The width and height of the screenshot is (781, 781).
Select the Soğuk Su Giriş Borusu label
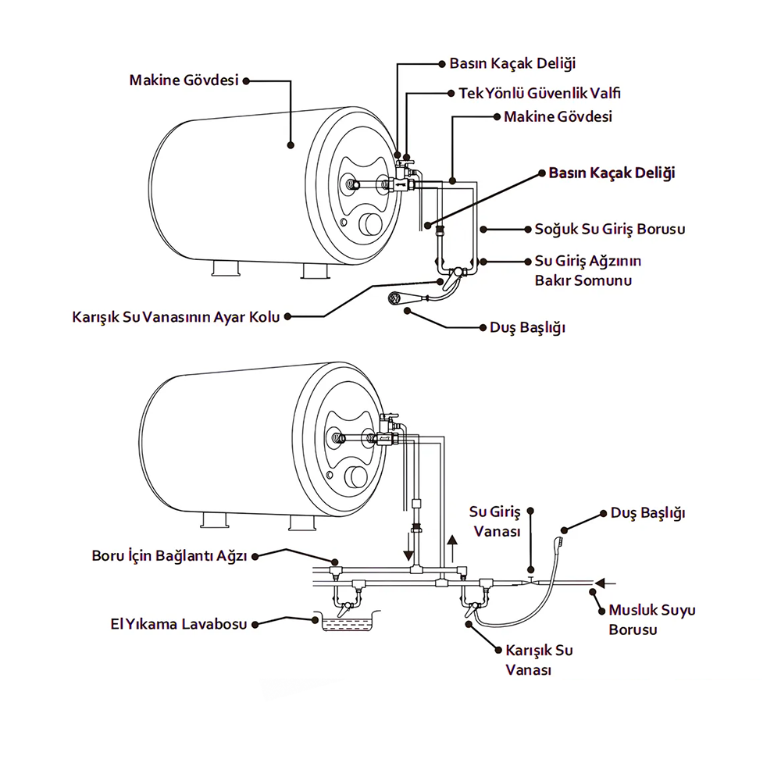coord(609,230)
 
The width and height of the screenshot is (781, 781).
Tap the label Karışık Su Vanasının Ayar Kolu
coord(175,317)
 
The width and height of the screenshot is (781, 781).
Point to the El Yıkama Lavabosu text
coord(179,624)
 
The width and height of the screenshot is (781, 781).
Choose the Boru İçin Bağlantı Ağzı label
coord(169,556)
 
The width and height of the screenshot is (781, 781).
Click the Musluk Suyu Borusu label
coord(651,619)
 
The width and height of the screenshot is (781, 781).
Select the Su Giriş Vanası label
coord(494,521)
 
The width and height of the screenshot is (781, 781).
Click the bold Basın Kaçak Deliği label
coord(612,173)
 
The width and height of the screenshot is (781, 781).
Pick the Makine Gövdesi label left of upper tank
coord(184,80)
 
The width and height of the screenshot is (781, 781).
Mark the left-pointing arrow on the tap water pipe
coord(604,583)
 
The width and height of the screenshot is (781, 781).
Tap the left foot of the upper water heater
coord(224,270)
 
